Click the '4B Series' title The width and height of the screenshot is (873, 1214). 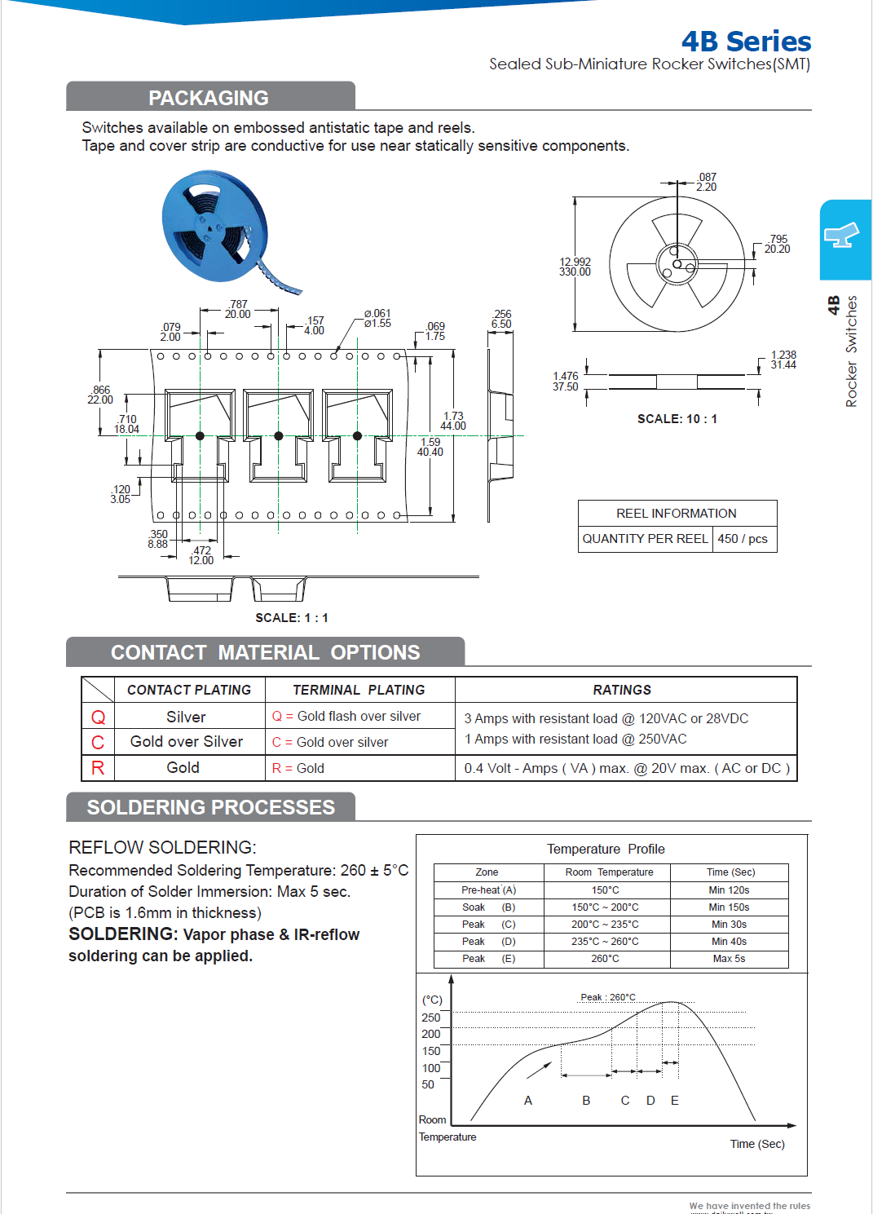(746, 41)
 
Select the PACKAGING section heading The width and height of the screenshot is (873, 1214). (209, 98)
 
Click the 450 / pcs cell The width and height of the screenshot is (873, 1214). (743, 539)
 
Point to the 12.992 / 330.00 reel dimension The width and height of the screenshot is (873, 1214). (575, 267)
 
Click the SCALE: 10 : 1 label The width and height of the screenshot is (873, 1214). (677, 419)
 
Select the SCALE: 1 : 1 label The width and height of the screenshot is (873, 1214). (291, 618)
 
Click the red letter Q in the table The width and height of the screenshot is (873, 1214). (98, 717)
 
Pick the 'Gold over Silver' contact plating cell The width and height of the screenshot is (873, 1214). (187, 742)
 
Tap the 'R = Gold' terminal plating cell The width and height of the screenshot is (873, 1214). (298, 768)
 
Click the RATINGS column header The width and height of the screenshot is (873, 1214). (622, 690)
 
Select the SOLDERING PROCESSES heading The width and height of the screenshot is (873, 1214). (210, 807)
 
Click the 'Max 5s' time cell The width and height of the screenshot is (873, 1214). (729, 959)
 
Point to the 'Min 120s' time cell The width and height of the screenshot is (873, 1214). (729, 890)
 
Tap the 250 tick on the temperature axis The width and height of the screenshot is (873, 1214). (430, 1018)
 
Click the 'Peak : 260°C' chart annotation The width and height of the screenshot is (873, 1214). (607, 997)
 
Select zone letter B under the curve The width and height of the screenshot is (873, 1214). (586, 1101)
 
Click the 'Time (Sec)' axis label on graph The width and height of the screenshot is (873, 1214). (757, 1144)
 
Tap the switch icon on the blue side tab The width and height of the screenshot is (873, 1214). (843, 236)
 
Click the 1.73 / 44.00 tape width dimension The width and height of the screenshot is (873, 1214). (453, 421)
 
